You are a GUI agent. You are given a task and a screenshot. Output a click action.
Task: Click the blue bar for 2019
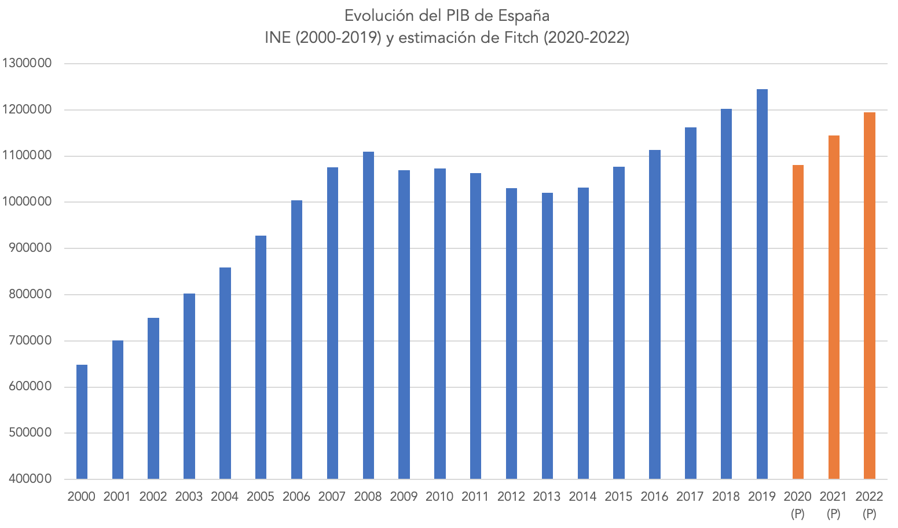762,284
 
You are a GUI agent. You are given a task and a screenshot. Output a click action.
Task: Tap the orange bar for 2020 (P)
798,322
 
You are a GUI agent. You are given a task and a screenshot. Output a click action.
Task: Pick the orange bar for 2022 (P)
869,295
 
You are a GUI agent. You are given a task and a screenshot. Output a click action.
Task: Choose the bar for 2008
368,315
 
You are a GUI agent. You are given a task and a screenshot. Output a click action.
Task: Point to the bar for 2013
547,336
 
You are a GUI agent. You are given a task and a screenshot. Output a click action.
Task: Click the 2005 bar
261,357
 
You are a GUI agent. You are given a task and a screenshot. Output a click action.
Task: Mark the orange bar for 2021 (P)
834,307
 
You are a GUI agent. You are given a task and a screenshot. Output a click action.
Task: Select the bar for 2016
655,314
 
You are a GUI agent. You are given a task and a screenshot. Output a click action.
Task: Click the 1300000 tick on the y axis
27,64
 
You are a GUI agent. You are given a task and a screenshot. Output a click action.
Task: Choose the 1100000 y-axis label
27,156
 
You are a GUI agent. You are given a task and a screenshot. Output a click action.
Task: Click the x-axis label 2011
475,497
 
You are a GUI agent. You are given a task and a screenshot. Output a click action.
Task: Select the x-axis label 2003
189,497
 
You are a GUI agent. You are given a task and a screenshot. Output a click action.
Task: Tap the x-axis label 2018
726,497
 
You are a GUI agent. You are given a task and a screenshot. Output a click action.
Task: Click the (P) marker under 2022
869,514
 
